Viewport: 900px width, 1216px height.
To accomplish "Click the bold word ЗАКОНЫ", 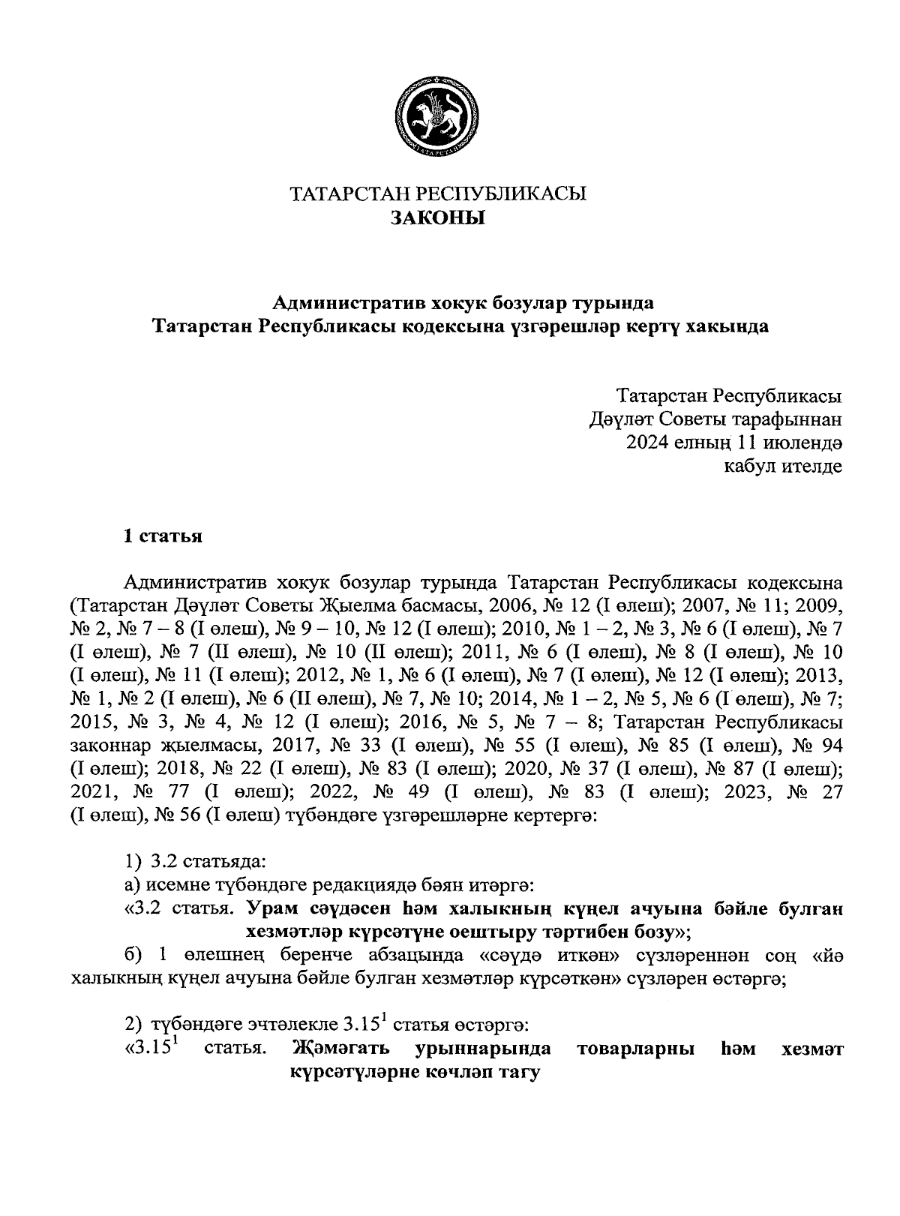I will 438,218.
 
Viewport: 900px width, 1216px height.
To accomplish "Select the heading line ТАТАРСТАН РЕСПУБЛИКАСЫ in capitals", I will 438,194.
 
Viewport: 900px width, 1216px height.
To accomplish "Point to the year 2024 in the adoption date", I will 646,442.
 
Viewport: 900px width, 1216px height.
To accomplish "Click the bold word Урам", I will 273,908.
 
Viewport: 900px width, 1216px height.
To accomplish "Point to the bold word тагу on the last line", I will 520,1073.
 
